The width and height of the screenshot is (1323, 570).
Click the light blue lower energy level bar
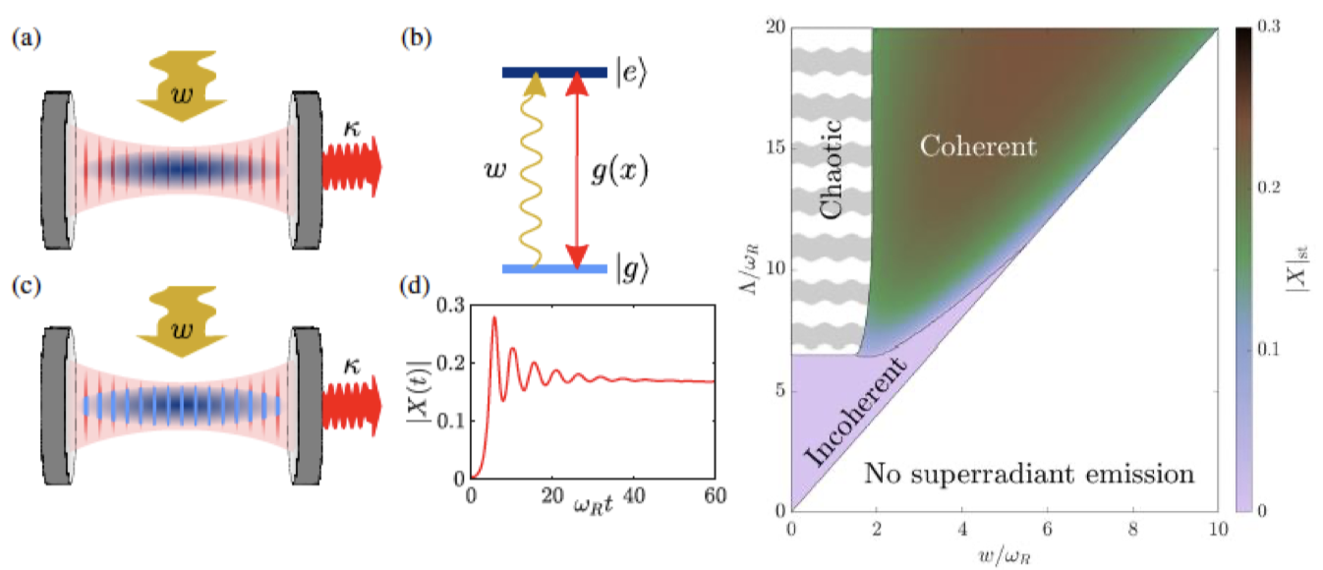(554, 268)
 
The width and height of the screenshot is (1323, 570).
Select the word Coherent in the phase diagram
(977, 147)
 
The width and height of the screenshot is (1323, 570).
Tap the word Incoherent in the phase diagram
(851, 421)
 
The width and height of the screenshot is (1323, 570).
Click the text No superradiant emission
(1029, 476)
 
